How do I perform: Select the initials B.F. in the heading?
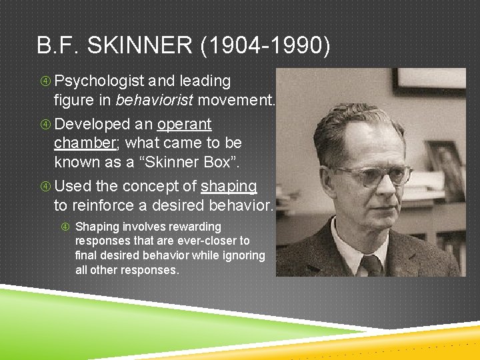click(61, 46)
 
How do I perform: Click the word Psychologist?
click(99, 81)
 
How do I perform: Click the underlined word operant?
click(185, 124)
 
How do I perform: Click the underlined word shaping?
click(229, 186)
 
